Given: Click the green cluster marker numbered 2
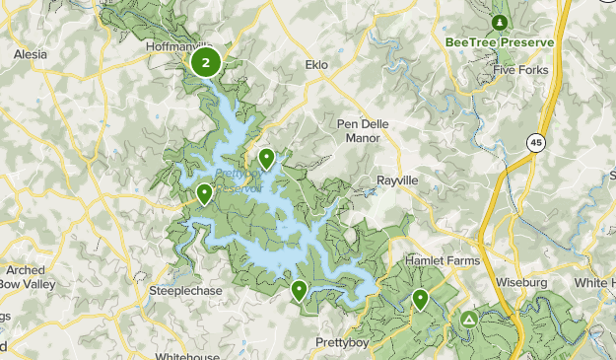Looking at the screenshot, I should point(205,64).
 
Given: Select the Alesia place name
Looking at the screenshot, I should point(30,55).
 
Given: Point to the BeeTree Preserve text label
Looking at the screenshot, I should point(500,42).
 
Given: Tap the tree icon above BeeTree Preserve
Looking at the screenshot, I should point(500,22).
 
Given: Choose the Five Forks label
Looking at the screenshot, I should point(520,70).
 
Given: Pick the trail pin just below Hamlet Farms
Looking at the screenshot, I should point(421,298).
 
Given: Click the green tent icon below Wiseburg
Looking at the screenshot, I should point(469,320).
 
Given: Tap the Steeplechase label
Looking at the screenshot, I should point(184,292).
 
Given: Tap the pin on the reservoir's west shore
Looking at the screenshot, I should point(204,194).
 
